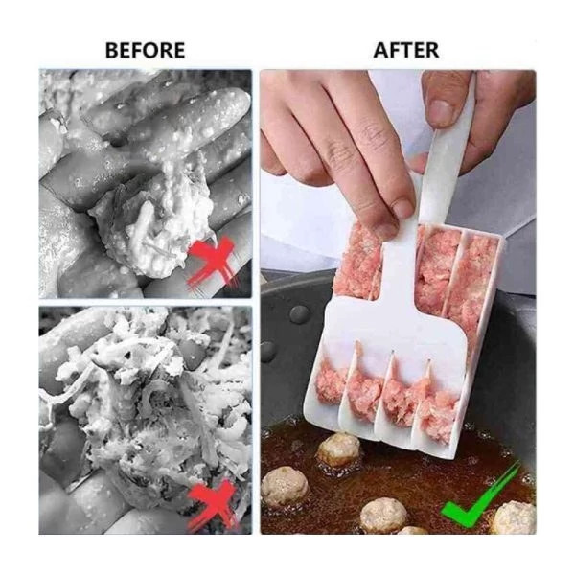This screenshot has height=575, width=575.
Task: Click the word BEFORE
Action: click(x=146, y=50)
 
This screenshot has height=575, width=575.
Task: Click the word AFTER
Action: click(x=406, y=50)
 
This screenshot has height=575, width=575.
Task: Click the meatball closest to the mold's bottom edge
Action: click(x=338, y=449)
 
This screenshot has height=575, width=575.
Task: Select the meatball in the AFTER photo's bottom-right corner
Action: click(x=514, y=518)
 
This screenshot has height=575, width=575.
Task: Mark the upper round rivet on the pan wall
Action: click(x=299, y=314)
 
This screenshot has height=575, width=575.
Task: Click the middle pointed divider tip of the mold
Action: click(x=392, y=353)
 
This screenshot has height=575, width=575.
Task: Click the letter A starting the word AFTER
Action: click(x=380, y=50)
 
